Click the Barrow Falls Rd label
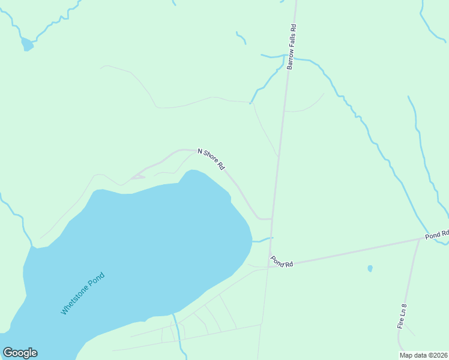[x=292, y=47]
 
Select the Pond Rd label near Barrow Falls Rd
[x=281, y=262]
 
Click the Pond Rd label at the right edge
[x=437, y=235]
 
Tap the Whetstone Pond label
[x=83, y=293]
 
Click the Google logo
[x=20, y=353]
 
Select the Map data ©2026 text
[x=423, y=355]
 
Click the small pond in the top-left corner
[x=27, y=44]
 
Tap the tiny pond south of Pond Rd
[x=370, y=268]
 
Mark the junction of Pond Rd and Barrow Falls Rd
[x=271, y=266]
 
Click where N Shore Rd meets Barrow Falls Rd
[x=273, y=219]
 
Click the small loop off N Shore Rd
[x=137, y=176]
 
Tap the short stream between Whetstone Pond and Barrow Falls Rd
[x=262, y=239]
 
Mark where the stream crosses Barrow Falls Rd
[x=285, y=58]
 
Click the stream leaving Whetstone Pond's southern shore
[x=176, y=330]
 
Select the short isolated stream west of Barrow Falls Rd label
[x=241, y=38]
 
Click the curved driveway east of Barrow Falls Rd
[x=306, y=108]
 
